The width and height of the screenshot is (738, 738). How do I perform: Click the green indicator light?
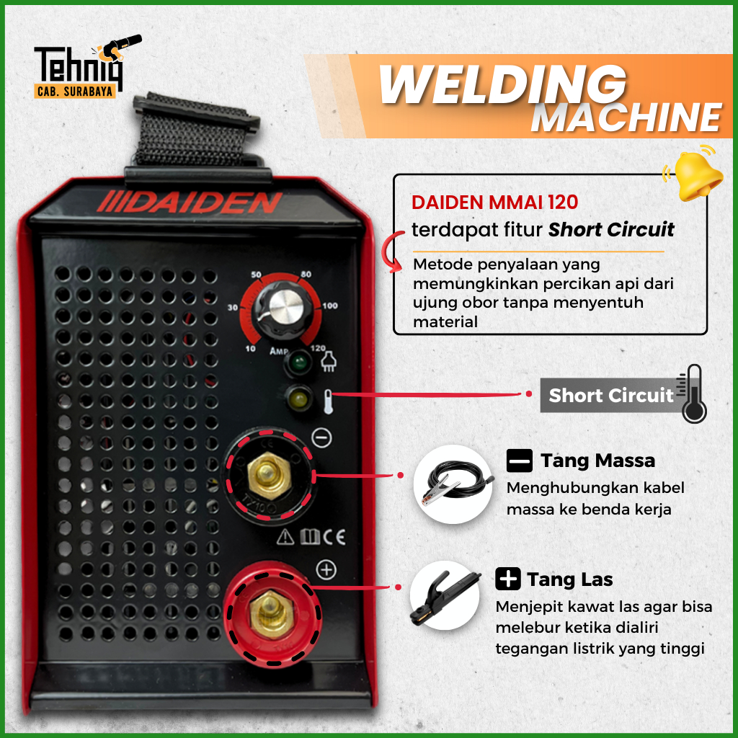pyautogui.click(x=298, y=363)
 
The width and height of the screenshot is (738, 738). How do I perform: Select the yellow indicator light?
pyautogui.click(x=298, y=399)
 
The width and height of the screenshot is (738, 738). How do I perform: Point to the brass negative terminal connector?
pyautogui.click(x=270, y=475)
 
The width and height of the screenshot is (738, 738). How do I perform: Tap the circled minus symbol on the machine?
pyautogui.click(x=321, y=437)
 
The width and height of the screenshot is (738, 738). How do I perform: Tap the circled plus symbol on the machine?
pyautogui.click(x=326, y=570)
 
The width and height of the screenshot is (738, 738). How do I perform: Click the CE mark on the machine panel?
pyautogui.click(x=334, y=537)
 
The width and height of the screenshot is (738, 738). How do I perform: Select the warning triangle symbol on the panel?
pyautogui.click(x=285, y=536)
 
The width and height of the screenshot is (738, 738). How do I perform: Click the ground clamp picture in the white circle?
pyautogui.click(x=454, y=484)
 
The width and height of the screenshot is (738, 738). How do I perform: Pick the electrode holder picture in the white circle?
pyautogui.click(x=445, y=595)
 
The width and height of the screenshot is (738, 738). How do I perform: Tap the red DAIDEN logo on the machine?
pyautogui.click(x=190, y=203)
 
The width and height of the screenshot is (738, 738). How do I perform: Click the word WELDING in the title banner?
pyautogui.click(x=502, y=84)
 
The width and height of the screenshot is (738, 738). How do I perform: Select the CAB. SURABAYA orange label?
pyautogui.click(x=75, y=91)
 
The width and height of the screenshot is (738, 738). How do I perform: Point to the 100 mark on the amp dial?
pyautogui.click(x=330, y=306)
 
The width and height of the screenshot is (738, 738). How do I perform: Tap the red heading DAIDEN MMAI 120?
pyautogui.click(x=494, y=203)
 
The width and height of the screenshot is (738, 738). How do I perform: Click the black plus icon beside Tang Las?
pyautogui.click(x=508, y=579)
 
